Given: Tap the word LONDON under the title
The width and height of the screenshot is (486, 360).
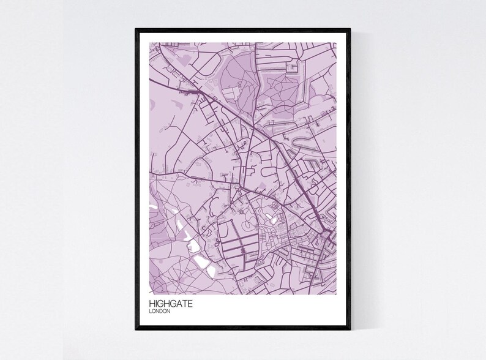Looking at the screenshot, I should point(159,311).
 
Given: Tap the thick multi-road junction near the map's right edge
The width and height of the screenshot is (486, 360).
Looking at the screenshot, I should point(326,235).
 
